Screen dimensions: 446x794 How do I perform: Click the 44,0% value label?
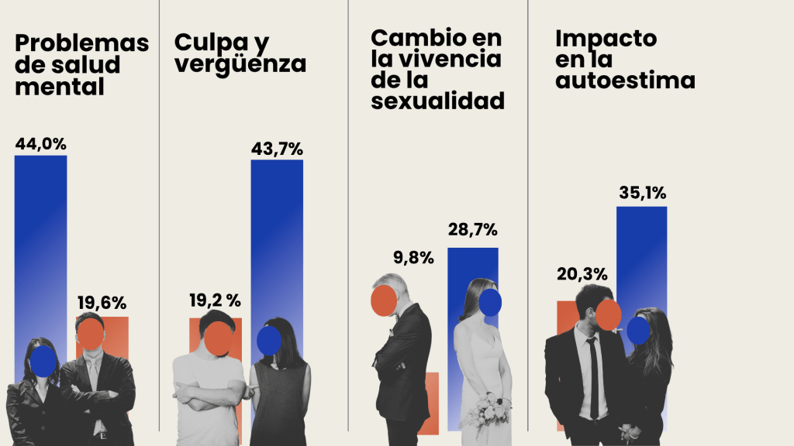(x=40, y=143)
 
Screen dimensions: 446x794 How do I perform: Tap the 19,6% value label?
(x=101, y=303)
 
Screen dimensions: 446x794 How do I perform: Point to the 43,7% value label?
(x=276, y=148)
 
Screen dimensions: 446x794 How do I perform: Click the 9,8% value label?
(x=412, y=258)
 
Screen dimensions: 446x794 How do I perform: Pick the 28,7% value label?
(x=472, y=230)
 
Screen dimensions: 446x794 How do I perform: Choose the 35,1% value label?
(x=642, y=193)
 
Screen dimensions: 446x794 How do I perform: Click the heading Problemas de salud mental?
(x=81, y=65)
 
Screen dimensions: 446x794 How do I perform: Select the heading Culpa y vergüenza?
(x=240, y=53)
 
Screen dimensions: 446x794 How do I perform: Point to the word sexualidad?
(x=438, y=101)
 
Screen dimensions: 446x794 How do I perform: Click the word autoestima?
(x=625, y=81)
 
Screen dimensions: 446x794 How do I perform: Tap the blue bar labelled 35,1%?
(x=642, y=256)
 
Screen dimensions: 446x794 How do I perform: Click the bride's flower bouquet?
(x=486, y=410)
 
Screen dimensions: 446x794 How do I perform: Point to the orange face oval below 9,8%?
(x=385, y=300)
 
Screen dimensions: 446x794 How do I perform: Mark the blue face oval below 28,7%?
(x=490, y=302)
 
